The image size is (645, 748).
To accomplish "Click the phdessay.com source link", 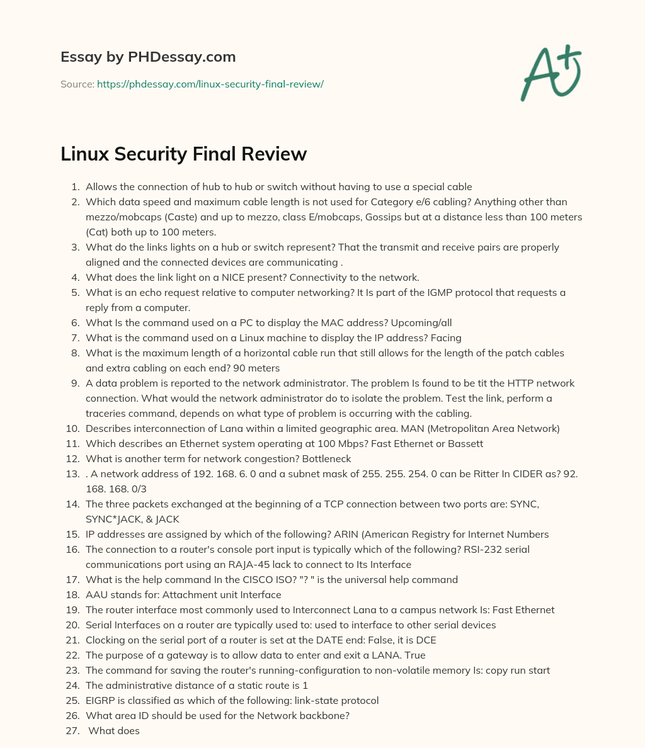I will coord(210,84).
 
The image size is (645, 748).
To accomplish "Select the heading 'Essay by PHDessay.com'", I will coord(148,57).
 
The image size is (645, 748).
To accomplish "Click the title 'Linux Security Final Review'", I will coord(183,154).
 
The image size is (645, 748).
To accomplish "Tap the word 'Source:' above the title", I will coord(77,84).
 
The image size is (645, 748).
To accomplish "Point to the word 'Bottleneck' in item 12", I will coord(326,458).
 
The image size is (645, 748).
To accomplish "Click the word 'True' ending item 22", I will coord(414,655).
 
